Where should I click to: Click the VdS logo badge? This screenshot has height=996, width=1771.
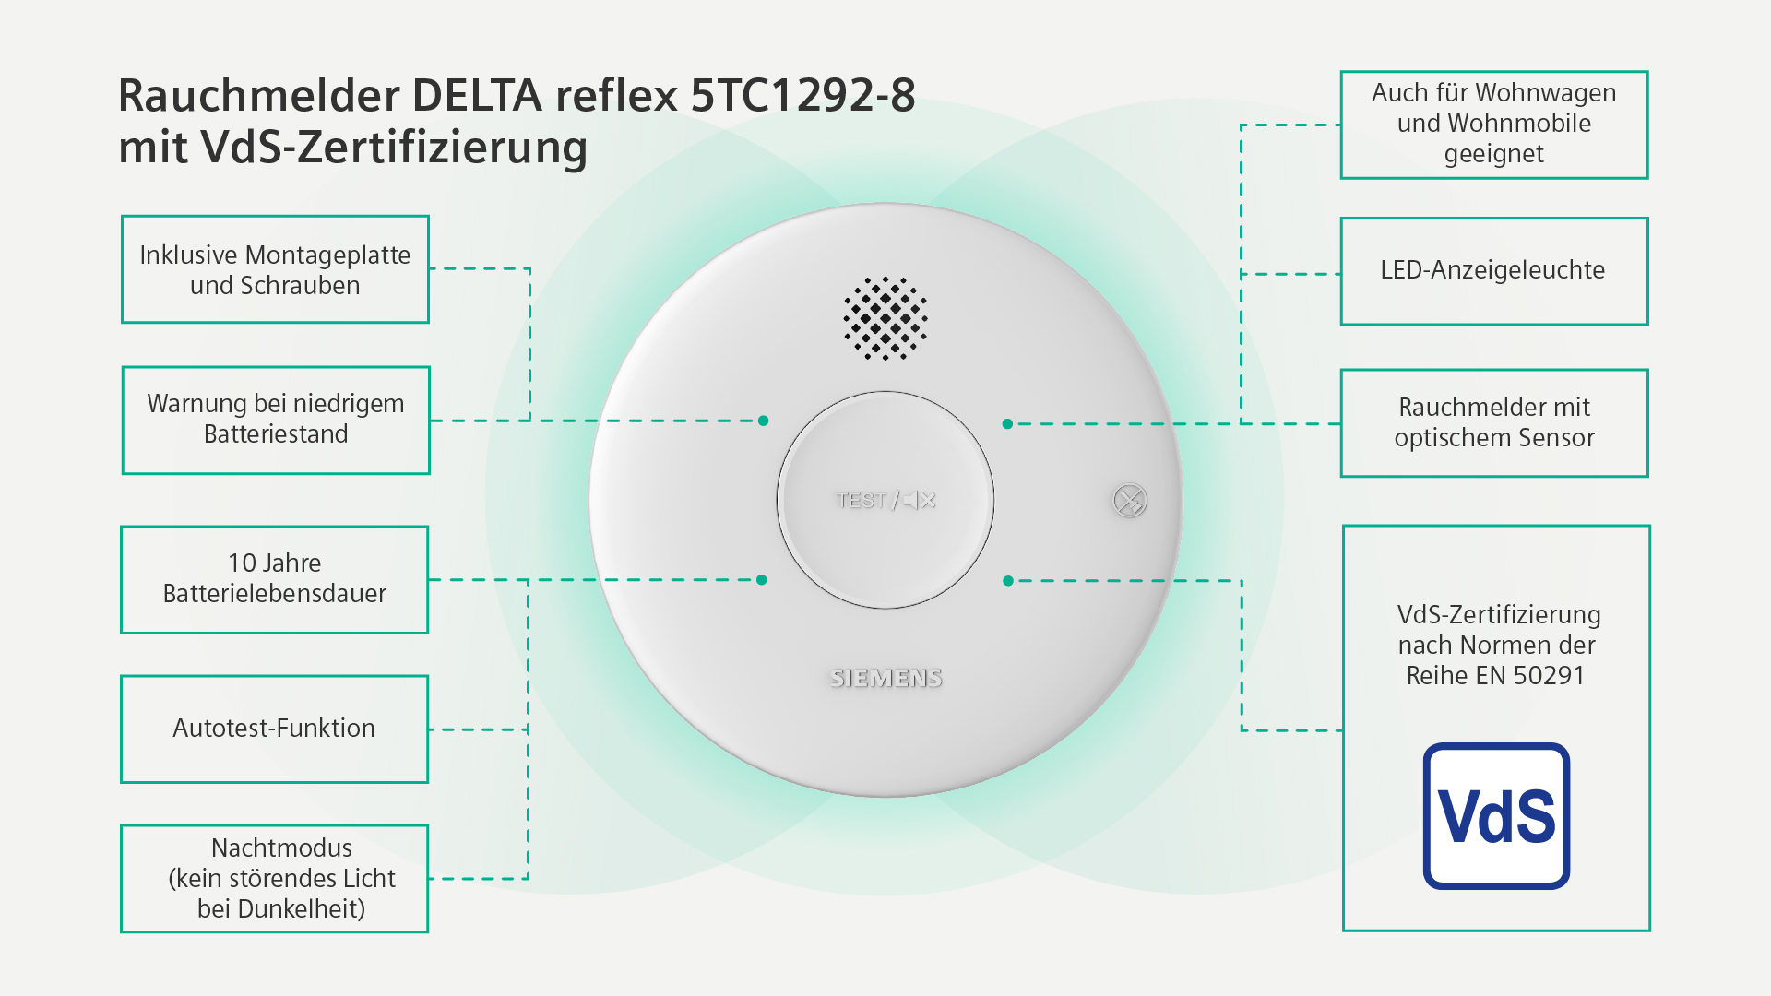[x=1496, y=816]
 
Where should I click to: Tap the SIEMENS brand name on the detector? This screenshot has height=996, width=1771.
[x=885, y=678]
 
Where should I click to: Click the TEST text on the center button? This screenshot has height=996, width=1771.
[x=861, y=500]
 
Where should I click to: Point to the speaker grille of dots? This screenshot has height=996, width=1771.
[x=885, y=317]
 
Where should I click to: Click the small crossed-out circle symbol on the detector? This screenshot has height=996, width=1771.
[x=1129, y=501]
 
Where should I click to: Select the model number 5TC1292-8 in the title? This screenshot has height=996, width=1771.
[x=802, y=95]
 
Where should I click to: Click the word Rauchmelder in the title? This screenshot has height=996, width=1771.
[x=259, y=95]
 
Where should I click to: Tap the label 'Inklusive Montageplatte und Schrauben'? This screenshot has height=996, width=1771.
[x=275, y=269]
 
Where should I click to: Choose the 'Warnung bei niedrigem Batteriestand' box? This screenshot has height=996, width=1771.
[x=276, y=420]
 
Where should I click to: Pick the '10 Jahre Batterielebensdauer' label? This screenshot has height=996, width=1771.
[x=275, y=578]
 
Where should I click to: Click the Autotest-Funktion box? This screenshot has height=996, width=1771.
[x=274, y=729]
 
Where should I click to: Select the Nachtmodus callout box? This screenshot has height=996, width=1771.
[x=275, y=878]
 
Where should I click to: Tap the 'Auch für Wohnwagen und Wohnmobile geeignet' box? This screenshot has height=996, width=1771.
[x=1493, y=125]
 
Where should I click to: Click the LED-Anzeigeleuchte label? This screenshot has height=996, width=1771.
[x=1493, y=270]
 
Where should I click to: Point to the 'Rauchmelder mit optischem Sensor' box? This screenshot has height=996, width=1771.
[x=1493, y=422]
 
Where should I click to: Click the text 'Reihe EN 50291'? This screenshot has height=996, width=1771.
[x=1495, y=676]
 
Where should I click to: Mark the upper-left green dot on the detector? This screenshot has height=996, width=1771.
[x=763, y=421]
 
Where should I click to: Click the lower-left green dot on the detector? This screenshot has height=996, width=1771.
[x=762, y=580]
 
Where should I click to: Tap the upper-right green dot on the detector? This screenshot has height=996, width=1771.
[x=1007, y=424]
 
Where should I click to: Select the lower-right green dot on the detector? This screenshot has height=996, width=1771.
[x=1008, y=581]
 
